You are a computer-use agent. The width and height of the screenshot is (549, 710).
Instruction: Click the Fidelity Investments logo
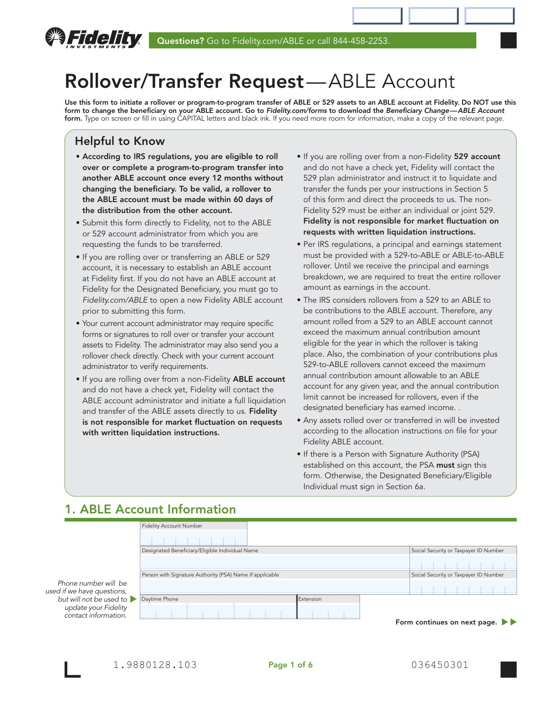[x=93, y=38]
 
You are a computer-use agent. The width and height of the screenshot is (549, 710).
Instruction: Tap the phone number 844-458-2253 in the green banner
[x=361, y=41]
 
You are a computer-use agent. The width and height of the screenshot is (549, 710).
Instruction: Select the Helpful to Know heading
[x=119, y=141]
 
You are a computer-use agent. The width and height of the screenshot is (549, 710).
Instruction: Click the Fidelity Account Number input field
[x=194, y=538]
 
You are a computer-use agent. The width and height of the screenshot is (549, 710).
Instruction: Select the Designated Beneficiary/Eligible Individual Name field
[x=274, y=562]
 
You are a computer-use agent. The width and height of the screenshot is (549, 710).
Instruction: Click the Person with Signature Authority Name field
[x=274, y=586]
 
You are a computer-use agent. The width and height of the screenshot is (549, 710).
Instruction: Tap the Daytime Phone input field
[x=218, y=611]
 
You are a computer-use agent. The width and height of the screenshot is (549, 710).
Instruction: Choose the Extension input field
[x=328, y=611]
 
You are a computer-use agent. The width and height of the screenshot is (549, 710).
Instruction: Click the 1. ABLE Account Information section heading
[x=151, y=509]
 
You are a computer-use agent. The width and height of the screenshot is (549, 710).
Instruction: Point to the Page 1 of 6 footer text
[x=291, y=665]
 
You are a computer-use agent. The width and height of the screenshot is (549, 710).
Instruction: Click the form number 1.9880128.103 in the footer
[x=155, y=665]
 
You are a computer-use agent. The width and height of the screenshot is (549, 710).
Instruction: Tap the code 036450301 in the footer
[x=440, y=665]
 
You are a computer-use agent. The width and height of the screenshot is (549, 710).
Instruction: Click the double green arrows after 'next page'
[x=509, y=622]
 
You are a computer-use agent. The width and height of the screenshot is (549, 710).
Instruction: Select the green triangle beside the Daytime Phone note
[x=133, y=599]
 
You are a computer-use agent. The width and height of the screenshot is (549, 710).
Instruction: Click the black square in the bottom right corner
[x=509, y=669]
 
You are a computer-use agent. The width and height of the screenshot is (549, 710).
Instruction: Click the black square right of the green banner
[x=509, y=40]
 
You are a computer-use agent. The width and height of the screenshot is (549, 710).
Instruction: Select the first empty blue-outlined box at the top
[x=377, y=16]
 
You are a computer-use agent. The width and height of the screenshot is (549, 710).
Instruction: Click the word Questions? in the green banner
[x=180, y=41]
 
